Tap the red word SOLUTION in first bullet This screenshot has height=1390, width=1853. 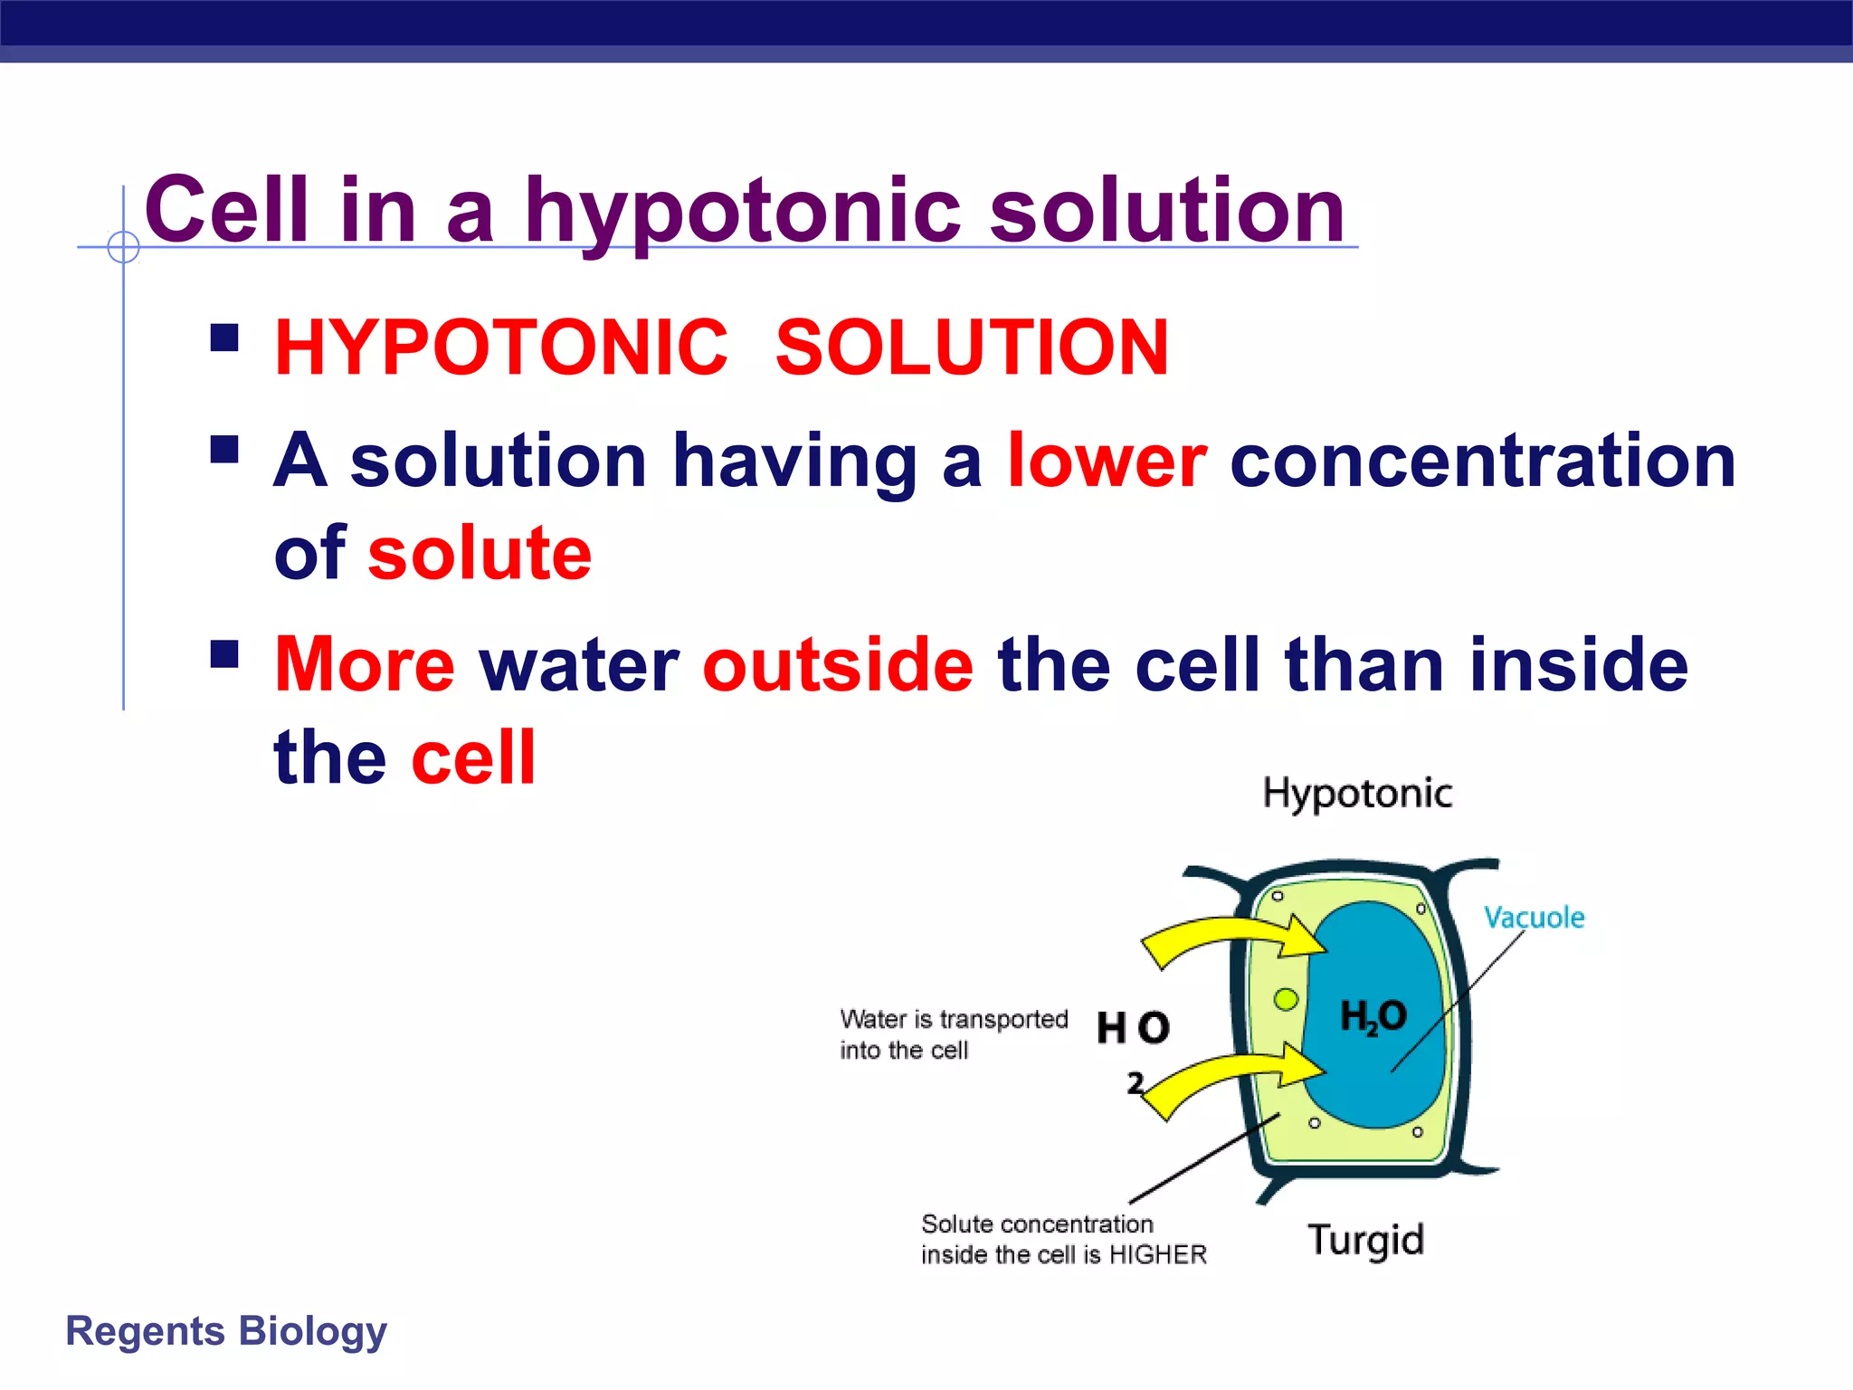click(972, 347)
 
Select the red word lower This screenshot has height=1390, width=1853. click(1107, 461)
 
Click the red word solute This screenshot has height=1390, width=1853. click(480, 554)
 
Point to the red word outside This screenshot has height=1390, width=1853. click(838, 665)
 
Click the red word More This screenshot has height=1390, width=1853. click(364, 665)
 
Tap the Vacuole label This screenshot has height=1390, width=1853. click(1534, 918)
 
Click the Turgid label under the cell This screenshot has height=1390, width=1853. click(1365, 1239)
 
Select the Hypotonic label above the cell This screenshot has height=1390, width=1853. click(1357, 794)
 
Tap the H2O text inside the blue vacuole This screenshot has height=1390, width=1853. click(1373, 1016)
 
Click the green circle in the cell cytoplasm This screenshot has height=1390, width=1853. click(1286, 1000)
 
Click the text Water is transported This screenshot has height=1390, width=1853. click(954, 1020)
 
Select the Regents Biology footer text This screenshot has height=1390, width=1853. click(226, 1331)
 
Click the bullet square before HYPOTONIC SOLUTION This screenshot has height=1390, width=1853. click(224, 338)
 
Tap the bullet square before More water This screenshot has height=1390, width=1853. click(224, 654)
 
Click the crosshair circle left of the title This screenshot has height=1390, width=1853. click(123, 246)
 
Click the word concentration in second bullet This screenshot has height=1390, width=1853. click(1482, 461)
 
